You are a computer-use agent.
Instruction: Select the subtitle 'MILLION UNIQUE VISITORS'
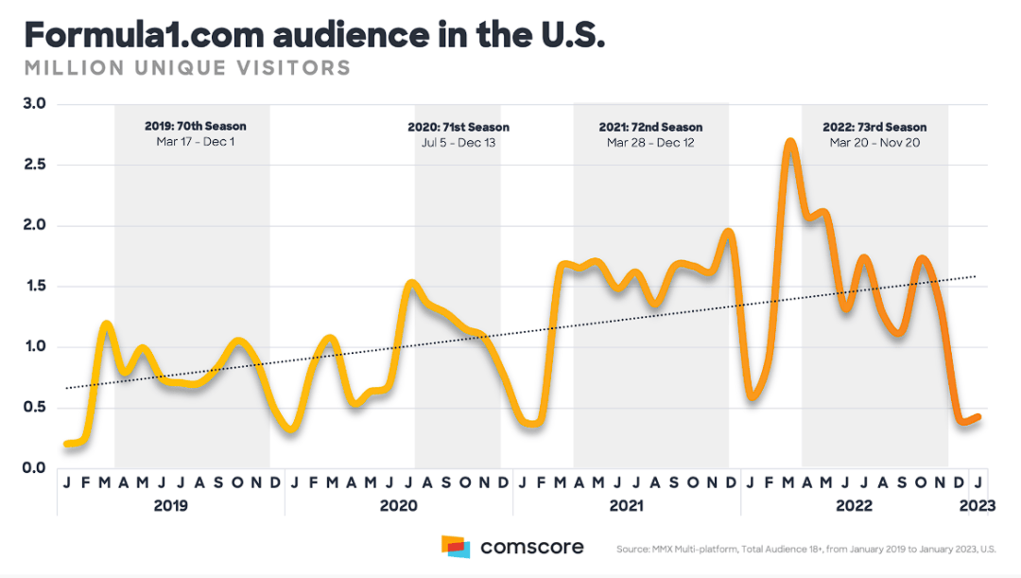point(187,69)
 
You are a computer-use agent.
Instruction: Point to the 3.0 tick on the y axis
point(34,104)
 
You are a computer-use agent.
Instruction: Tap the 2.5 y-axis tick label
point(34,165)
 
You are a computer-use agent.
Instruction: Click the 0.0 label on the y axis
point(34,468)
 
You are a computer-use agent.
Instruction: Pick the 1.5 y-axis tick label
point(34,287)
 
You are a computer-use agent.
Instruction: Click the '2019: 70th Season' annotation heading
point(195,127)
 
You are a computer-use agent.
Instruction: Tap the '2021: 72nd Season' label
point(650,127)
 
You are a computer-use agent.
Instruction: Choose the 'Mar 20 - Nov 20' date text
point(874,143)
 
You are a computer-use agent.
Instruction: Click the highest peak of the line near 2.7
point(790,143)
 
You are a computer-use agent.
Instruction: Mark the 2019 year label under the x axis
point(170,506)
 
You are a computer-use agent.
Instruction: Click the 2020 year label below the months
point(398,506)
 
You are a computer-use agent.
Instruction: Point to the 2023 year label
point(978,506)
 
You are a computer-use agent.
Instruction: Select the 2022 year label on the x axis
point(855,506)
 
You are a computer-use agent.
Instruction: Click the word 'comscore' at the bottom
point(531,547)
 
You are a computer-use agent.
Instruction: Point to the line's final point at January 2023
point(978,416)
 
